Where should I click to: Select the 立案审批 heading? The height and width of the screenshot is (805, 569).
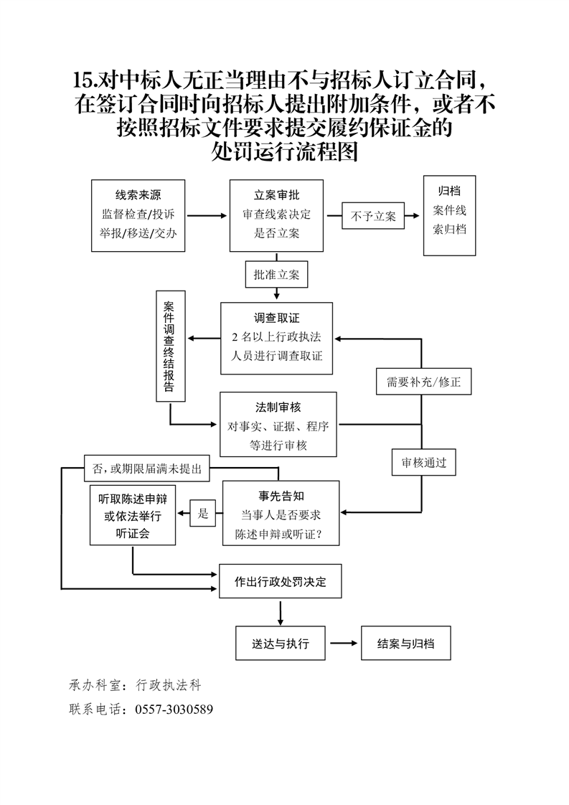click(276, 194)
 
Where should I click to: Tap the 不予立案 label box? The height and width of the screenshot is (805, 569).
click(373, 215)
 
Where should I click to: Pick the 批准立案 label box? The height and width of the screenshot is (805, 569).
click(276, 275)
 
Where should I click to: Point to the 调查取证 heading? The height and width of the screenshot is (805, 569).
click(276, 318)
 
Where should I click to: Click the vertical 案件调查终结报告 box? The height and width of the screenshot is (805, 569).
click(170, 345)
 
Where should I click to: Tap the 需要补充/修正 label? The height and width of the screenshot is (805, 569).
click(423, 382)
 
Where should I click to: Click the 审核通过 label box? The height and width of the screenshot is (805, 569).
click(423, 463)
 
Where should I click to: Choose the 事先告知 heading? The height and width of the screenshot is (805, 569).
click(281, 496)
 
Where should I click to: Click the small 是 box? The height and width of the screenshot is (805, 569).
click(203, 513)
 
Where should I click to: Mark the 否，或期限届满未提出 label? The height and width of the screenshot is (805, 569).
click(146, 469)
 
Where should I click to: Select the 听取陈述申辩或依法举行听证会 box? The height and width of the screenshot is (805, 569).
click(133, 516)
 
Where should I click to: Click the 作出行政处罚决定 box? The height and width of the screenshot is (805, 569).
click(280, 582)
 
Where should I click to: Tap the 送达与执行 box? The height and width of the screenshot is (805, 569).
click(281, 644)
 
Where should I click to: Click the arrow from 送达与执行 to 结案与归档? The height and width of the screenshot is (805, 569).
click(343, 644)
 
